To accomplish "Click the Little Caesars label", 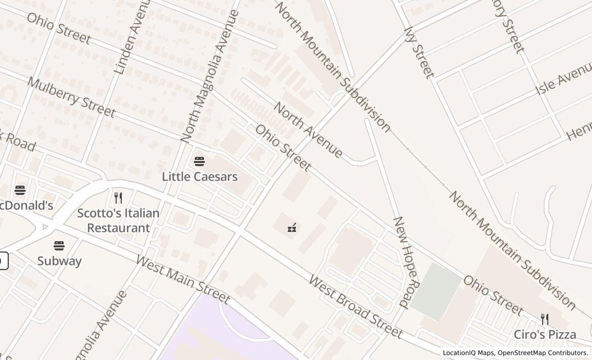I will [x=199, y=176].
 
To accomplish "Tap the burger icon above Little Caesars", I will [x=199, y=161].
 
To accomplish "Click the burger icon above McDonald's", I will [x=20, y=190].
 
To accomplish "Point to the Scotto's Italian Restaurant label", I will [x=118, y=220].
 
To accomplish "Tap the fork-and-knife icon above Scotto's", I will [x=118, y=197].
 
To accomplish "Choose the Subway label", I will [x=59, y=261].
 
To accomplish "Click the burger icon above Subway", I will [x=59, y=246].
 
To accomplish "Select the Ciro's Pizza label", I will [x=545, y=334].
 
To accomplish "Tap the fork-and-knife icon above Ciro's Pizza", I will [x=545, y=319].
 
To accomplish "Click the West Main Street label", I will [x=182, y=278].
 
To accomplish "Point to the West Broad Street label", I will [x=356, y=307].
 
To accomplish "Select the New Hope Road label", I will [x=407, y=262].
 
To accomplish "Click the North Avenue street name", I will [x=308, y=130].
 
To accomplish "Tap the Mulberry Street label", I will [x=71, y=97].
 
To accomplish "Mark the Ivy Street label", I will [x=419, y=52].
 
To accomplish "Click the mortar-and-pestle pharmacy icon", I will [x=292, y=227].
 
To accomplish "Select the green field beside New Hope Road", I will [x=436, y=291].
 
